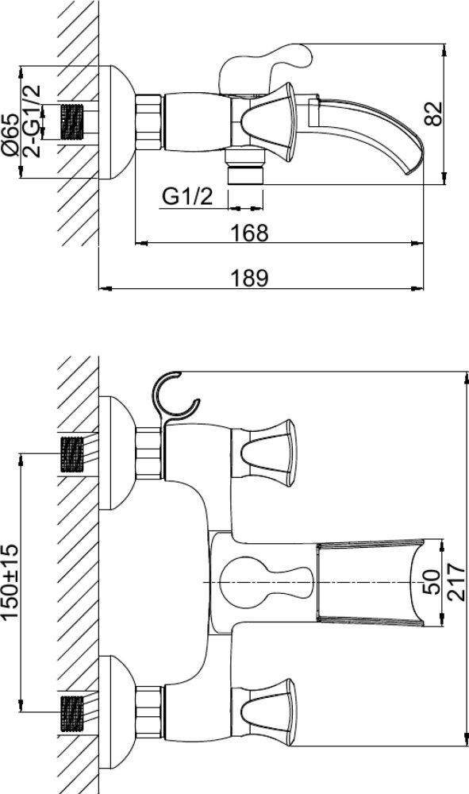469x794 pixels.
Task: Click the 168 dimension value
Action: tap(248, 233)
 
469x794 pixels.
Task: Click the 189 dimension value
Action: tap(248, 279)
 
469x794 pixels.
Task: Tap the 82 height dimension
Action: tap(433, 114)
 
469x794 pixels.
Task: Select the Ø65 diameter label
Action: tap(10, 134)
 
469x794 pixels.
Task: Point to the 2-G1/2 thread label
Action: tap(32, 121)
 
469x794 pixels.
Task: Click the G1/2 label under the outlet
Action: tap(188, 196)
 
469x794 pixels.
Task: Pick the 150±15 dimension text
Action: tap(10, 581)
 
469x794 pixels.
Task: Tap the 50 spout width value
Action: tap(431, 582)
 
